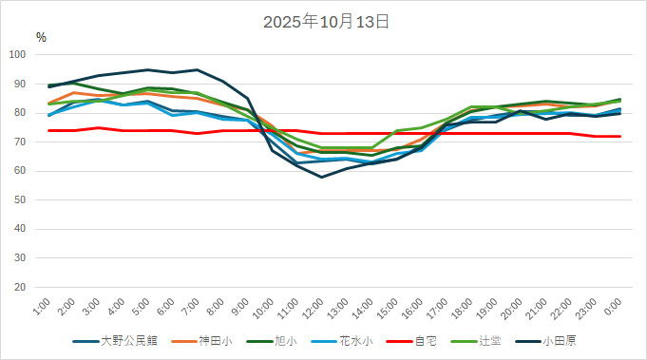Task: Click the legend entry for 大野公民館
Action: (x=124, y=341)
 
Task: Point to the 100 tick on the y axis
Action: (x=18, y=55)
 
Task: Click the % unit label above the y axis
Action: (x=41, y=37)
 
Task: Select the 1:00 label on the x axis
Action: (x=43, y=306)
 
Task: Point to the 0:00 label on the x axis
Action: (x=613, y=306)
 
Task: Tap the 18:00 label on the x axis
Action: (x=463, y=308)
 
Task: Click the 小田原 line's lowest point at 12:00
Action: (x=322, y=177)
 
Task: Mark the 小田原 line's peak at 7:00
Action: (x=198, y=69)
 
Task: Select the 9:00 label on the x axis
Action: (x=240, y=306)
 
